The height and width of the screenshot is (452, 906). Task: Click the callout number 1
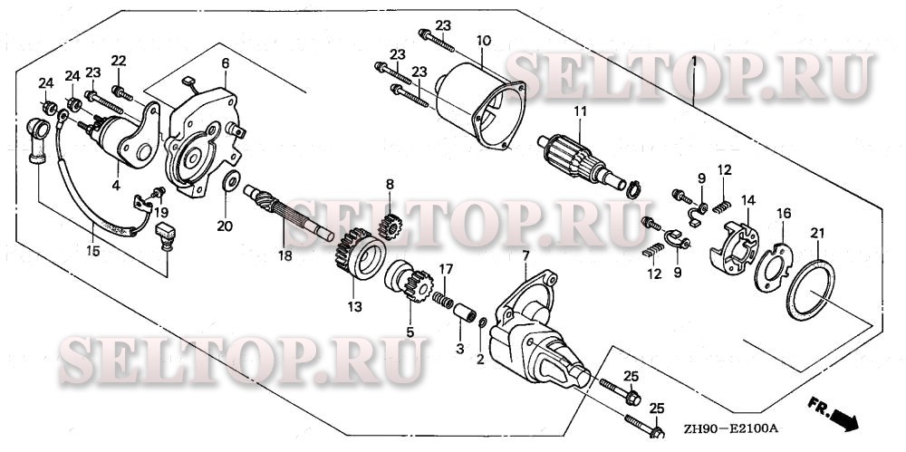pyautogui.click(x=693, y=62)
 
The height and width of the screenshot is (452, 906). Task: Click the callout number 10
pyautogui.click(x=484, y=42)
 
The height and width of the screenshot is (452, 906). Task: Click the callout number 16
pyautogui.click(x=783, y=213)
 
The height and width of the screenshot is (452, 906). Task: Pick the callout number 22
pyautogui.click(x=118, y=61)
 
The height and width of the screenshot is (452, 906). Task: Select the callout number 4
pyautogui.click(x=116, y=186)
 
